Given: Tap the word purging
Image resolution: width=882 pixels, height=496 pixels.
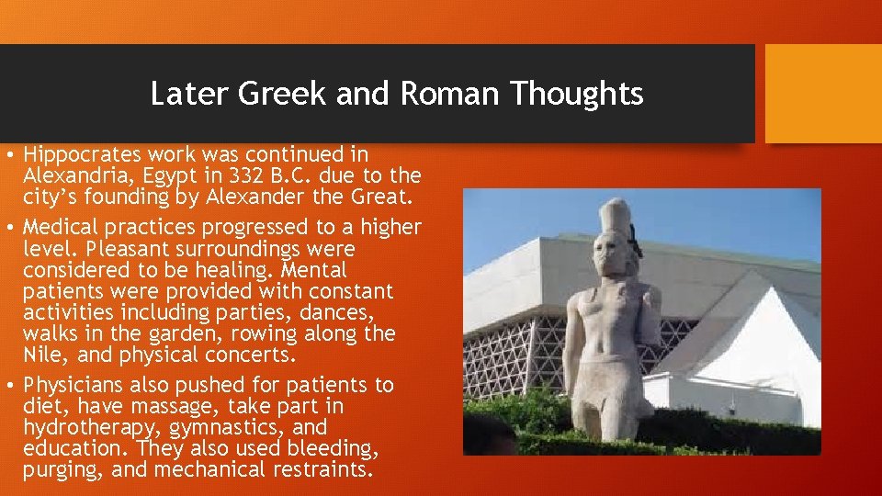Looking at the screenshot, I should click(60, 470).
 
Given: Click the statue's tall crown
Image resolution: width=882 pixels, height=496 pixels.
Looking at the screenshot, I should click(611, 216).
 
